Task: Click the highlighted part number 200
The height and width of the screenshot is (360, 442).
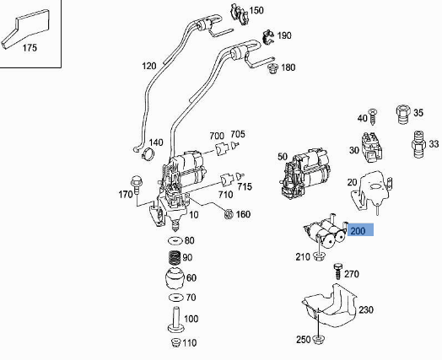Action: pyautogui.click(x=358, y=230)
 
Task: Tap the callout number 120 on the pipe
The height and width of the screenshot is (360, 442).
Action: pyautogui.click(x=149, y=66)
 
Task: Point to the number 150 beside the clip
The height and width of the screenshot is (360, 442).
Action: pyautogui.click(x=256, y=10)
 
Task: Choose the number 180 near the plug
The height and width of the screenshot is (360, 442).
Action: pyautogui.click(x=288, y=67)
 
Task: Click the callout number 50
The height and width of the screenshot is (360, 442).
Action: pyautogui.click(x=283, y=157)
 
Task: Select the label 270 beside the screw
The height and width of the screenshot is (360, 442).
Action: pyautogui.click(x=352, y=274)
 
